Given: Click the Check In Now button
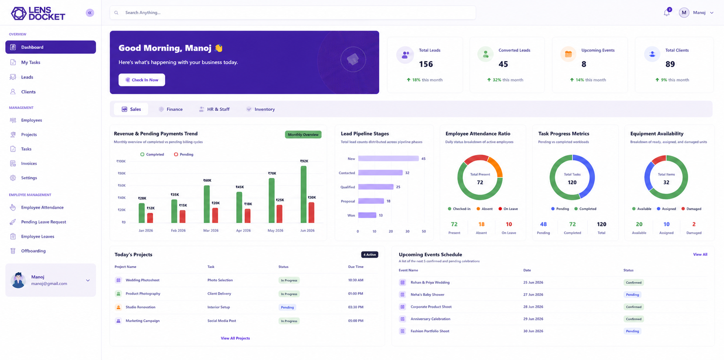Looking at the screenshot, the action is (x=142, y=80).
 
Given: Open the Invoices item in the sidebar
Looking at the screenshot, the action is (x=29, y=163).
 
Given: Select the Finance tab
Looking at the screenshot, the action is (x=171, y=109).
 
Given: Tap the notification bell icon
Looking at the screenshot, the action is (x=666, y=13).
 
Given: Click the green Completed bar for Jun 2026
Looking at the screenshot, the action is (x=304, y=194).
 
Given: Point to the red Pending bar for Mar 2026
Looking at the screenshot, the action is (x=215, y=215).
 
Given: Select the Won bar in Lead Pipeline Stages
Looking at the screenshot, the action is (x=367, y=215).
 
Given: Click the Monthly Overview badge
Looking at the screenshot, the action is (x=303, y=134).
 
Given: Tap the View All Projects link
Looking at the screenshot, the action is (x=235, y=338).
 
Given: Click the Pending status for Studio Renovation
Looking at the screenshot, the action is (x=287, y=307).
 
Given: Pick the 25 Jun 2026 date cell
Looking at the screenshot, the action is (x=533, y=282).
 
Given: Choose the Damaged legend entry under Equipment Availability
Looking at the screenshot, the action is (x=691, y=209).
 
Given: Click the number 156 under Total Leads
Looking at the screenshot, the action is (x=426, y=64).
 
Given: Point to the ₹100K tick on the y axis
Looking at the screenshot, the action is (x=121, y=161).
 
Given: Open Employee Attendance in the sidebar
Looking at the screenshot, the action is (x=42, y=207).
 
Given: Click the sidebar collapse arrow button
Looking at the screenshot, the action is (x=90, y=13).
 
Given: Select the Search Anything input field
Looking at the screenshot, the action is (x=293, y=13).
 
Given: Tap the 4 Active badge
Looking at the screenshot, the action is (x=370, y=255).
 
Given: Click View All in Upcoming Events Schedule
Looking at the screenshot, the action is (x=700, y=255).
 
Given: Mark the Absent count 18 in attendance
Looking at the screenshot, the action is (x=481, y=224).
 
